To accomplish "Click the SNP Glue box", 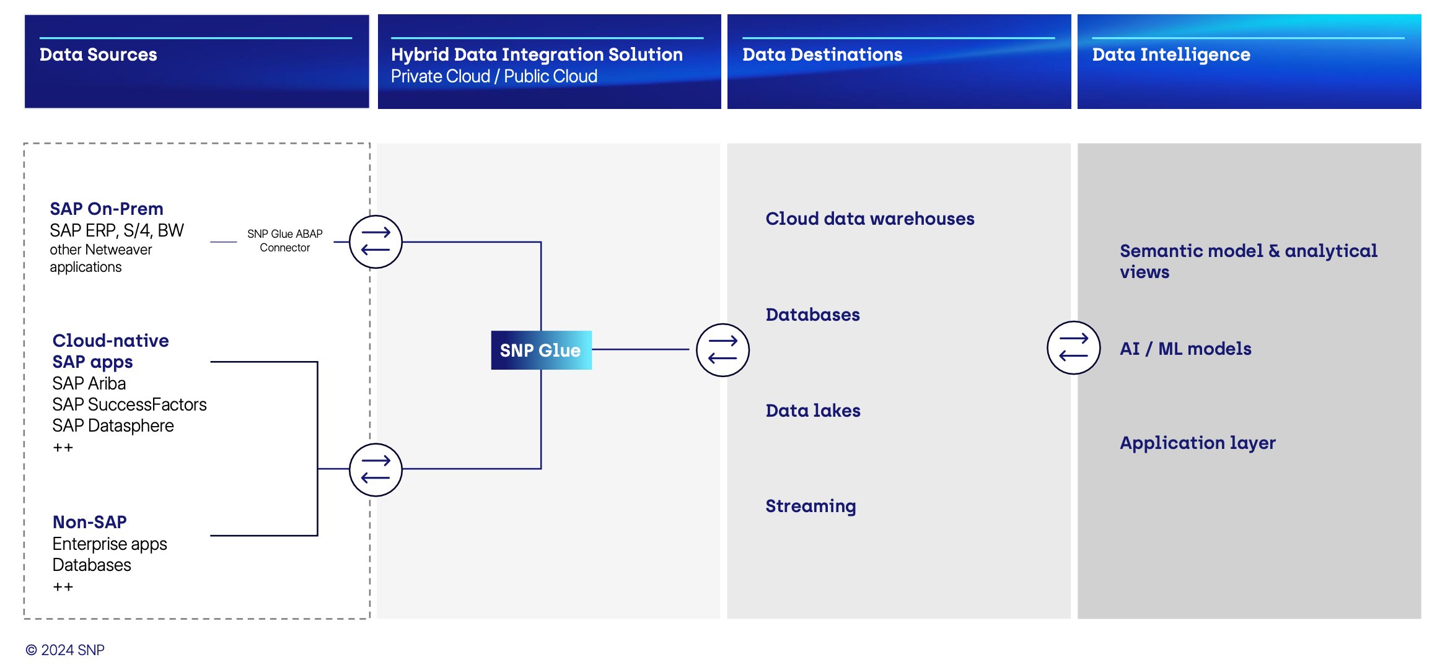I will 540,350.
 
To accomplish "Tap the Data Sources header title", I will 98,54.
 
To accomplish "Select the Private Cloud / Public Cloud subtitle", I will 494,76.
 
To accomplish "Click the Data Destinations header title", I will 822,54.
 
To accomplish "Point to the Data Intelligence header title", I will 1170,54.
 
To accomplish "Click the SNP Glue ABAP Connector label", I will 284,240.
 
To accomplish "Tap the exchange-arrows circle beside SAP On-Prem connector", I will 376,241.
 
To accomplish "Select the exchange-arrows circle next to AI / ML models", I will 1073,347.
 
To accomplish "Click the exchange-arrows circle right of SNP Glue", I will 722,350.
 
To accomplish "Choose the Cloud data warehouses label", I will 869,219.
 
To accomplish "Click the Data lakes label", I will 812,411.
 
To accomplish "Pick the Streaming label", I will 810,506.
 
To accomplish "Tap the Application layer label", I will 1197,443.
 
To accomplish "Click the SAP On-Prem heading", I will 107,209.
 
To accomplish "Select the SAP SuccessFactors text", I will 129,404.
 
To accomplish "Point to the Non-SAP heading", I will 89,522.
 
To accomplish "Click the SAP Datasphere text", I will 113,425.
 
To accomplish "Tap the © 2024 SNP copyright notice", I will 65,650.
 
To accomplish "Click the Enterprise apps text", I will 110,544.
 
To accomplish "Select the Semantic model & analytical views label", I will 1247,261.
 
